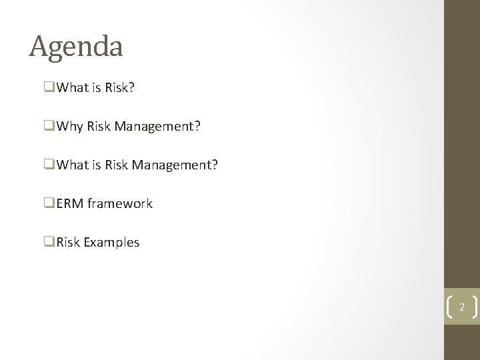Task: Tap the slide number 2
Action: click(461, 307)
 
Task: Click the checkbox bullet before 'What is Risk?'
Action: click(51, 87)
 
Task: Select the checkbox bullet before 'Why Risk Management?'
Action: click(51, 126)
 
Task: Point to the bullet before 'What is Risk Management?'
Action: click(51, 165)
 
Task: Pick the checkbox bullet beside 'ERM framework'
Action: click(51, 203)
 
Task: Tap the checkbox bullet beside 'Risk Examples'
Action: click(51, 242)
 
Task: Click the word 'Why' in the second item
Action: click(70, 126)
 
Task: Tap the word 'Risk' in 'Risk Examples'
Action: click(69, 242)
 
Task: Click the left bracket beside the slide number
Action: click(448, 307)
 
